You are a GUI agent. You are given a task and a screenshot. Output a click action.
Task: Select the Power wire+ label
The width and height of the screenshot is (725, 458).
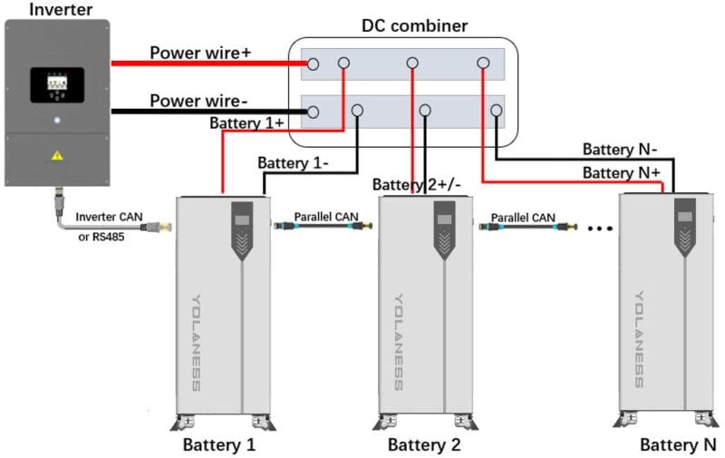tap(200, 53)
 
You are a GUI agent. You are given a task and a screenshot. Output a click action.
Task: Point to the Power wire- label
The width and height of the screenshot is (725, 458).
tap(200, 100)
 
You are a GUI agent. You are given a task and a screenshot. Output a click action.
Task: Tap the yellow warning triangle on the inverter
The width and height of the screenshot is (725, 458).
tap(57, 155)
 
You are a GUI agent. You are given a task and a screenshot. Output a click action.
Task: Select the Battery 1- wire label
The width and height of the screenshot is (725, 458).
tap(293, 163)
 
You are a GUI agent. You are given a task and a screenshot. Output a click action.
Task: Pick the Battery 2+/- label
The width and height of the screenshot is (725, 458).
tap(417, 184)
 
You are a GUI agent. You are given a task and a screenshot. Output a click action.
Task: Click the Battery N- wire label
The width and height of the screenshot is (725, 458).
tap(620, 149)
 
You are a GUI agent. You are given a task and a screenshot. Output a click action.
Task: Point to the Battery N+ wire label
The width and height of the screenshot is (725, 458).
tap(620, 172)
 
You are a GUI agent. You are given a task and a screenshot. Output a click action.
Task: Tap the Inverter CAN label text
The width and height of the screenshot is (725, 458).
tap(110, 217)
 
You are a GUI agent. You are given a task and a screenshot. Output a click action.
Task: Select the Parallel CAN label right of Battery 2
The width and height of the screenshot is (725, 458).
tap(524, 217)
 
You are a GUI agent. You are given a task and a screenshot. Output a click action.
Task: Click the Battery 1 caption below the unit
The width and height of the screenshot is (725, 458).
tap(219, 445)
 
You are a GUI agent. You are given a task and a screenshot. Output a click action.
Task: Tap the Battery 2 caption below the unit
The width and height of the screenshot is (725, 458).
tap(424, 445)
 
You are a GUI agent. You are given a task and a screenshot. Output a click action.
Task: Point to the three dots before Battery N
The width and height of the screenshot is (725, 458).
tap(599, 229)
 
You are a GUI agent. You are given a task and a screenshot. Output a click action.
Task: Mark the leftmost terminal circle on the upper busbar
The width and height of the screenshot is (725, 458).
tap(313, 63)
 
